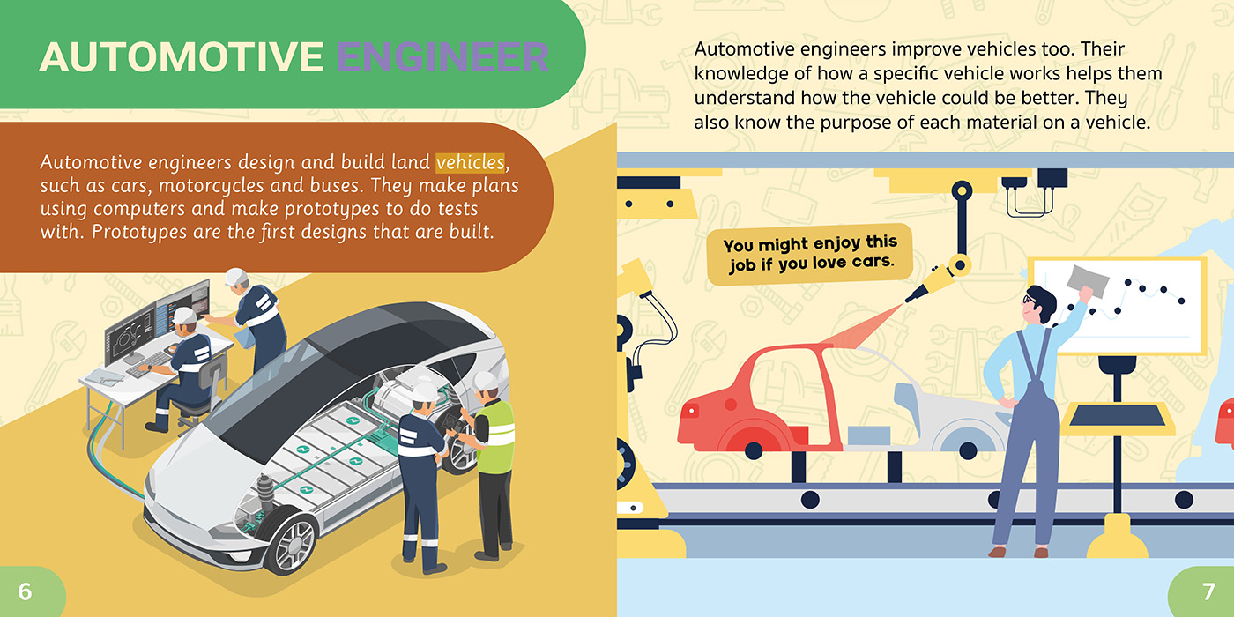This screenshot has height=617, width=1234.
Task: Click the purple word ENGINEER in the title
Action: click(442, 57)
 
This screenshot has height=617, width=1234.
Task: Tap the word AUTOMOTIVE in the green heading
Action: click(182, 57)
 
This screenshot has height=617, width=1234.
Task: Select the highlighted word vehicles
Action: click(470, 162)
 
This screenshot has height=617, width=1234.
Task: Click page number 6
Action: click(25, 591)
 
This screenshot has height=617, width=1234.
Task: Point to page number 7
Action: click(1208, 591)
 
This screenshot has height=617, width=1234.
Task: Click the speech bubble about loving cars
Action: click(809, 254)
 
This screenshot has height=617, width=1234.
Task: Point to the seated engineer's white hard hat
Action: click(184, 316)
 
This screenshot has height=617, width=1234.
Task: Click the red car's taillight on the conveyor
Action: click(691, 411)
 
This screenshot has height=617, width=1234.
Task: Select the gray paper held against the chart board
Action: click(1088, 281)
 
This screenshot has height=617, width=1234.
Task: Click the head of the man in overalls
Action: click(1038, 306)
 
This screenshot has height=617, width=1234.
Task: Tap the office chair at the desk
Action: click(204, 391)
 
